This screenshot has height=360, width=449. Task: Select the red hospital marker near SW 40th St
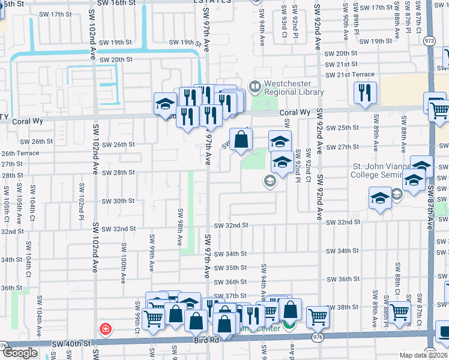pyautogui.click(x=106, y=329)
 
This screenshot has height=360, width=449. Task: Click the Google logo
pyautogui.click(x=20, y=353)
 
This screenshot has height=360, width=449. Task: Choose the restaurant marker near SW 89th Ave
pyautogui.click(x=365, y=93)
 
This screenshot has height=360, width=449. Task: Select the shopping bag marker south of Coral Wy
pyautogui.click(x=241, y=140)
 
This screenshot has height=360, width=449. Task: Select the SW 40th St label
pyautogui.click(x=71, y=344)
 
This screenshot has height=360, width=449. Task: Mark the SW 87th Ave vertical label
pyautogui.click(x=430, y=204)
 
